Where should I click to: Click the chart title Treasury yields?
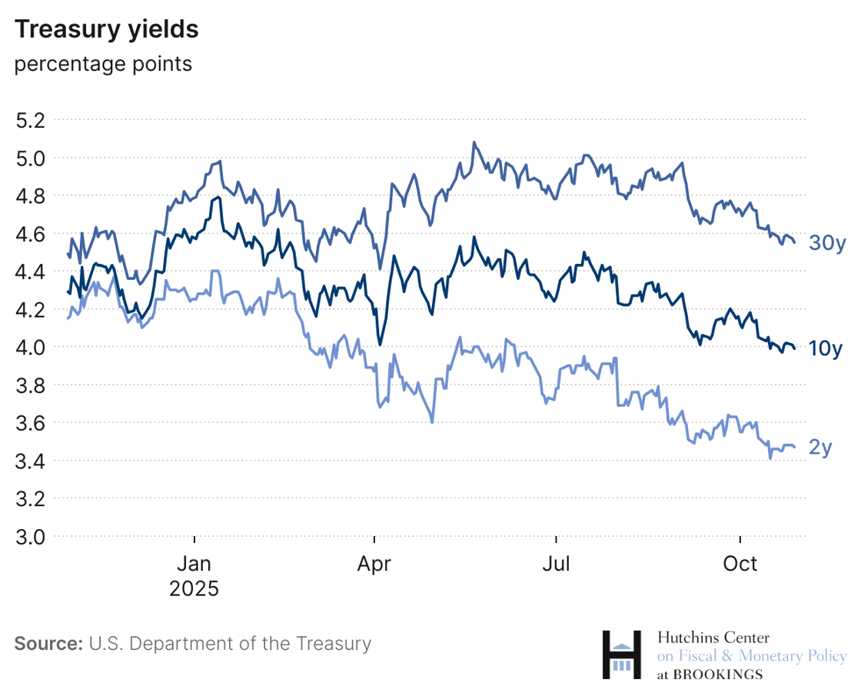coord(106,29)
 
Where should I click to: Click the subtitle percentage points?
coord(103,64)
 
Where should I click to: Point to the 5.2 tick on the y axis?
coord(31,120)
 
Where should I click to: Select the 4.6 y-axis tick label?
coord(31,234)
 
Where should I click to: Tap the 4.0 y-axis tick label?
coord(31,348)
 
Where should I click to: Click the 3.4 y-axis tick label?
coord(31,461)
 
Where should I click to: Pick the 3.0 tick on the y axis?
coord(31,536)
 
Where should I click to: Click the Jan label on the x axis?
coord(194,564)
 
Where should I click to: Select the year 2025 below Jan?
coord(194,589)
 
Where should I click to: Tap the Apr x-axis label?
coord(374,564)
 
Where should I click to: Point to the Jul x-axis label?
coord(556,564)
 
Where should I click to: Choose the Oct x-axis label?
coord(740,564)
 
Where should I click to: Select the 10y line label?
coord(826,349)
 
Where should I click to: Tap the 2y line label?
coord(820,448)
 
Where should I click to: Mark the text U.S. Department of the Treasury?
coord(230,644)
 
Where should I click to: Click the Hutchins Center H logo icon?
coord(621,655)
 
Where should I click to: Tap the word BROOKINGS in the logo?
coord(718,675)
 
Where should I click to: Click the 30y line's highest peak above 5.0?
coord(474,142)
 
